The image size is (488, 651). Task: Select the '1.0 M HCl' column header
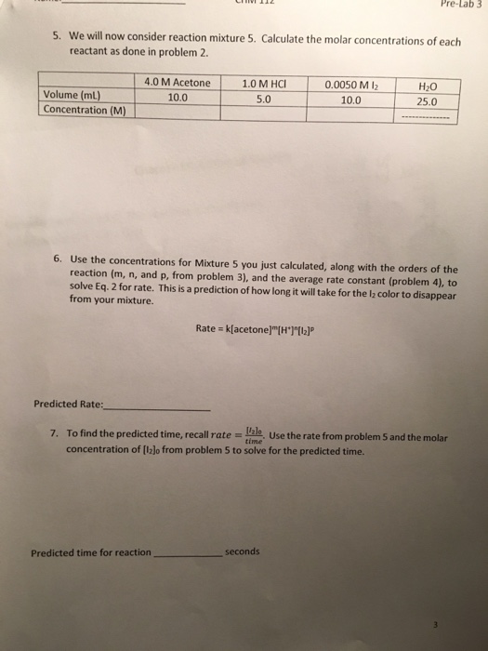pos(261,83)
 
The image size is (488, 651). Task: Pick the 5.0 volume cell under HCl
pos(261,97)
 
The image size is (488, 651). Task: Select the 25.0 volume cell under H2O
pos(428,100)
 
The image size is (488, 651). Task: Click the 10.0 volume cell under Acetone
pos(177,96)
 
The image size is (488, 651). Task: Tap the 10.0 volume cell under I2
pos(350,99)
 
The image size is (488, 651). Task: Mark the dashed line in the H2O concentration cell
pos(428,118)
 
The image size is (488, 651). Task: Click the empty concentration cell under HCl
pos(261,113)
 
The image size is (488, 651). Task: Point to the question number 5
pos(55,37)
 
